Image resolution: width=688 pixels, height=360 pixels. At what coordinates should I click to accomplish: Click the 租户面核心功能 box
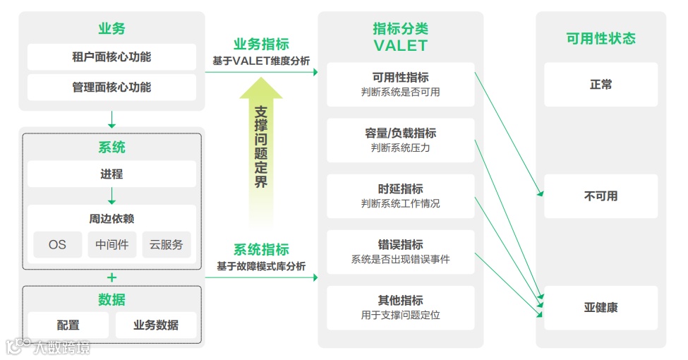pos(111,57)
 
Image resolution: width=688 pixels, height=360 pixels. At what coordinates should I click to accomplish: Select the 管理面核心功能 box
pos(111,88)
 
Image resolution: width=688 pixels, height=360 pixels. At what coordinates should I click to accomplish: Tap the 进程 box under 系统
pos(111,174)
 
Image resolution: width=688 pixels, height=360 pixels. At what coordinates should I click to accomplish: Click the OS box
pos(57,244)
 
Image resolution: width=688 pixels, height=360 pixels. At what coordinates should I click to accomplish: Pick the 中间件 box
pos(111,244)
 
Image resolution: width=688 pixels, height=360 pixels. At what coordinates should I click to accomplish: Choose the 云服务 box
pos(166,244)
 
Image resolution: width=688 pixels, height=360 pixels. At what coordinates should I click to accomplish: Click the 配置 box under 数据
pos(68,325)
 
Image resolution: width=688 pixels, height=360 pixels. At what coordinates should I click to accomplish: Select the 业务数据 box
pos(156,325)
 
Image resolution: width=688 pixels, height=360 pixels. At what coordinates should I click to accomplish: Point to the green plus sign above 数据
pos(111,277)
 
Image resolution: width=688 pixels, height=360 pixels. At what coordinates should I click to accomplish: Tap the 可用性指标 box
pos(400,84)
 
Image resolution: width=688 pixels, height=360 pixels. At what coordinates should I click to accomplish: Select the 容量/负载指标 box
pos(400,140)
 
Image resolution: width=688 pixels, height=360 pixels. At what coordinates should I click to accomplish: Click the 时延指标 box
pos(400,196)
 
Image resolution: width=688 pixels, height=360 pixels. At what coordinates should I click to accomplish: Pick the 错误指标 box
pos(400,251)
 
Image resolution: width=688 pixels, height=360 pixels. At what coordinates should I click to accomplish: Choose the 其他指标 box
pos(400,307)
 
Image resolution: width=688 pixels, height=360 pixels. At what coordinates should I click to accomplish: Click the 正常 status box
pos(601,85)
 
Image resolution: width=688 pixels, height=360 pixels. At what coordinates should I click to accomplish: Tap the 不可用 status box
pos(601,196)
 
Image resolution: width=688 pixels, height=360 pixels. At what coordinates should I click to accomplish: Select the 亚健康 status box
pos(601,308)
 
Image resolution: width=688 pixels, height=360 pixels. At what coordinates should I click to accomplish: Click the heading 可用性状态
pos(601,39)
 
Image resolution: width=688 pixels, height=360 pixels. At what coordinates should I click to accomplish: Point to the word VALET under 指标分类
pos(400,46)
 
